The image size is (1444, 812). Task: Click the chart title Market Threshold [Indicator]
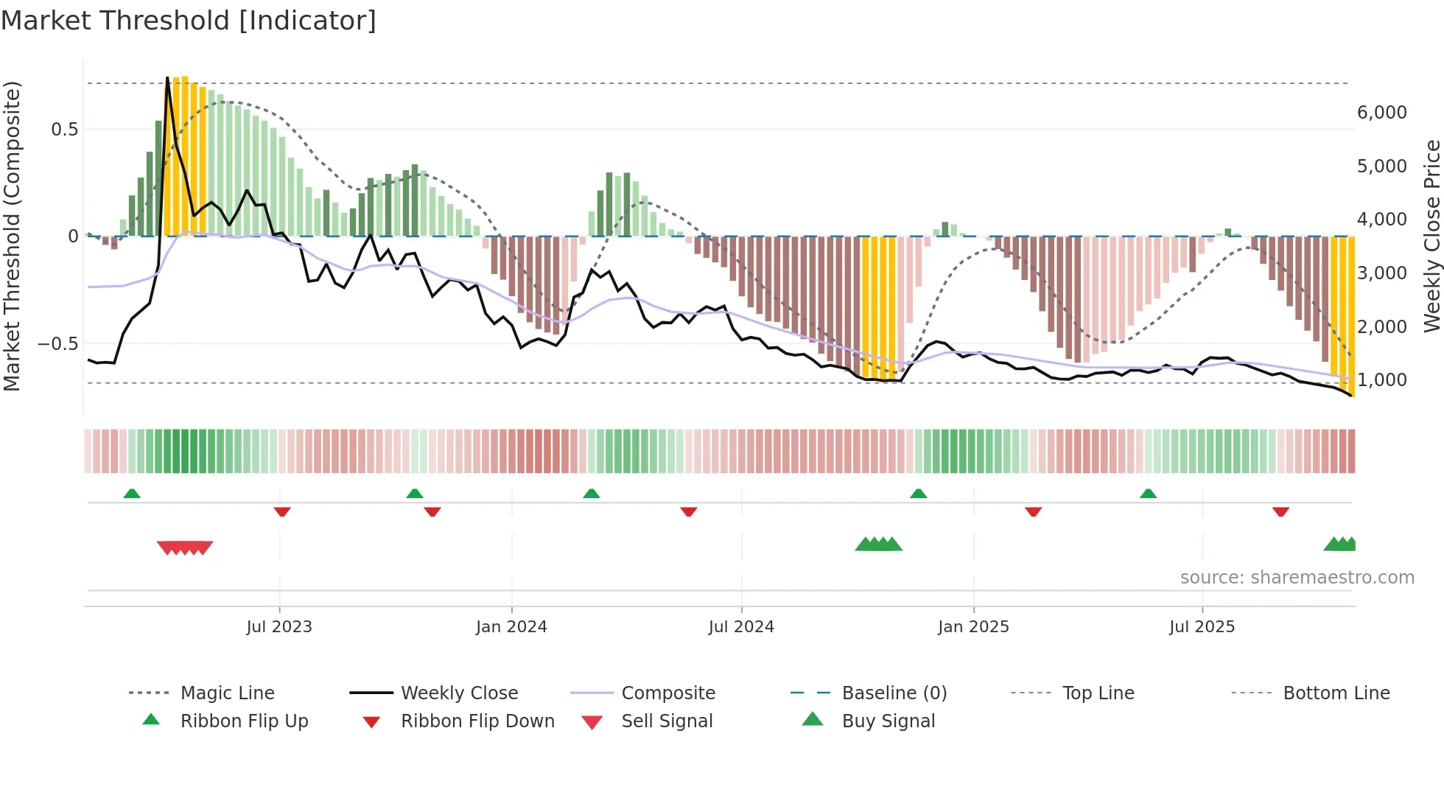pos(189,21)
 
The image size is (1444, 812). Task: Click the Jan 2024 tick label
pos(511,627)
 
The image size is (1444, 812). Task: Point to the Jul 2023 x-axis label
pos(279,627)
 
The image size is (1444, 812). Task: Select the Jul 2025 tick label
pos(1202,627)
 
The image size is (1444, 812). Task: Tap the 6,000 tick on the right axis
pos(1381,113)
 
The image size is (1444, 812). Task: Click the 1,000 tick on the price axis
pos(1381,380)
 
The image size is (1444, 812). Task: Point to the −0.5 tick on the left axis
pos(57,344)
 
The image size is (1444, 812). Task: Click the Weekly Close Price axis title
pos(1431,236)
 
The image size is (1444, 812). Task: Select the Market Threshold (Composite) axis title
pos(12,236)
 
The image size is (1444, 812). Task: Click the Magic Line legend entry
pos(227,693)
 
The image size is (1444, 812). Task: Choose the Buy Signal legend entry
pos(888,721)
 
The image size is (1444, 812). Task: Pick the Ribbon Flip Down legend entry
pos(477,721)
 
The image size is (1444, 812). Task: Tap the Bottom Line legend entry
pos(1336,693)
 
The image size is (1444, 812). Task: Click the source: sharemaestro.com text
pos(1297,578)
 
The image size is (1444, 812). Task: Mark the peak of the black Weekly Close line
pos(168,77)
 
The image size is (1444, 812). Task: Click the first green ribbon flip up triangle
pos(132,494)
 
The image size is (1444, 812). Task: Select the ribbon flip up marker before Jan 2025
pos(918,494)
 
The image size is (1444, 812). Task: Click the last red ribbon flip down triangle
pos(1280,511)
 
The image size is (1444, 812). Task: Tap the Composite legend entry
pos(667,693)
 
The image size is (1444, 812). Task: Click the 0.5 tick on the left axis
pos(64,130)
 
